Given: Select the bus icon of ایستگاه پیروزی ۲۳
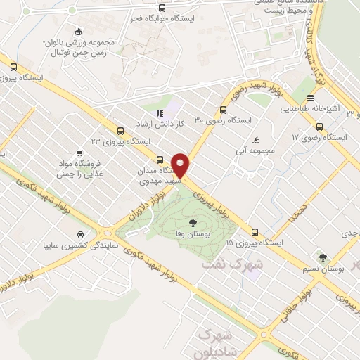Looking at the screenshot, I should pos(121,131).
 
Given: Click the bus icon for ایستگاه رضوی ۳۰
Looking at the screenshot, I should pos(223,110).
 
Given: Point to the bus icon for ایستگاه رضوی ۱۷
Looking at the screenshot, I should pos(320,127).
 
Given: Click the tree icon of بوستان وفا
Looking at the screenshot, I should pos(192,223).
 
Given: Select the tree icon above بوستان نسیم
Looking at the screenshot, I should pos(323,257).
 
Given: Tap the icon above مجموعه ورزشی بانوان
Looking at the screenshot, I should pos(78,30).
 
